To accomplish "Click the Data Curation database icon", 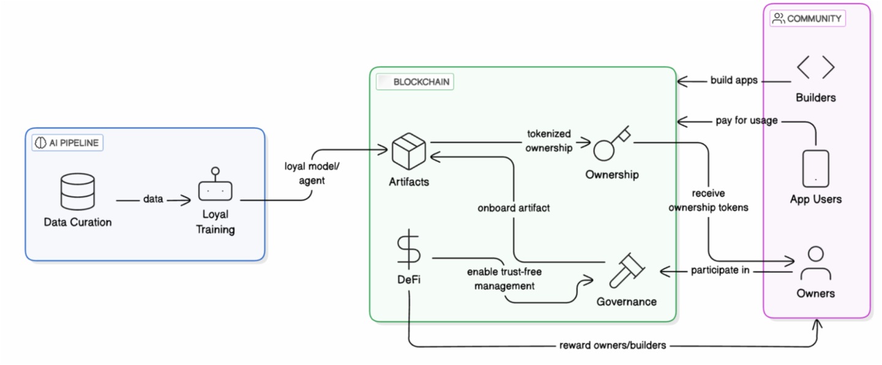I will pos(78,191).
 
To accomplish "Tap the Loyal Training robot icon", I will pos(215,186).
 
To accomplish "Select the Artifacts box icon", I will pos(409,152).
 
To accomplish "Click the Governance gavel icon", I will pos(626,270).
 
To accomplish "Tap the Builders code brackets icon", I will pos(815,67).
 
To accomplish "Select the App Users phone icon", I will pos(815,169).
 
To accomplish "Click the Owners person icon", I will pos(815,264).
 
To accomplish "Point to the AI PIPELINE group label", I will pos(68,143).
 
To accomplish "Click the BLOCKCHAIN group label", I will pos(415,82).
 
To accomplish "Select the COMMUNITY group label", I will pos(807,18).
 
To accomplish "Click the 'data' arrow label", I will pos(153,200).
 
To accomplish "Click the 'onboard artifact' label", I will pos(513,208).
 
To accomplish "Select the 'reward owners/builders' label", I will pos(612,345).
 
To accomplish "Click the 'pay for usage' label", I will pos(747,120).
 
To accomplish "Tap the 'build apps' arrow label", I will pos(734,80).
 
